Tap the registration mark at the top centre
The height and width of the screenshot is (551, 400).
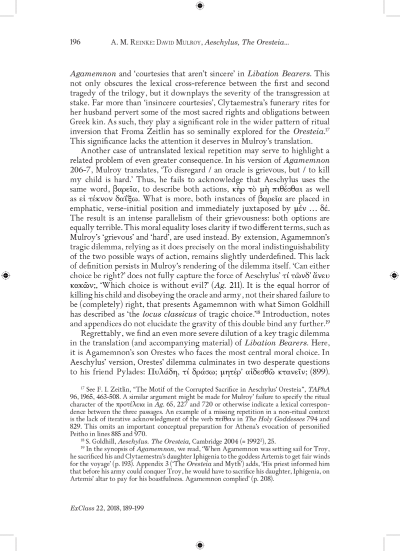[199, 5]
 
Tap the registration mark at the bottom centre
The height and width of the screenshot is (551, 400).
[199, 545]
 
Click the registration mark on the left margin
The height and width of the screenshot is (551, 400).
[5, 275]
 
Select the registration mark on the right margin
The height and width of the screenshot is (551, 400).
[393, 275]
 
